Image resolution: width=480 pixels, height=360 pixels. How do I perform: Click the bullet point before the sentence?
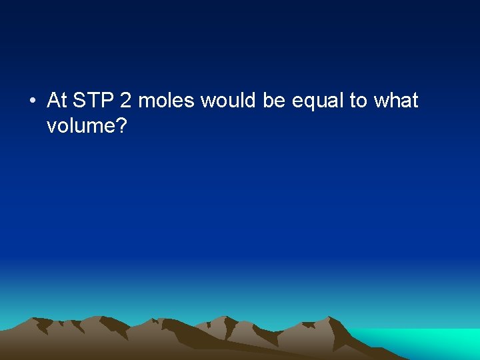(x=32, y=101)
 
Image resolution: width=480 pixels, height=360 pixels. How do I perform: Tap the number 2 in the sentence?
(x=126, y=101)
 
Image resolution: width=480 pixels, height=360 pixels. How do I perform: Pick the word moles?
(x=166, y=101)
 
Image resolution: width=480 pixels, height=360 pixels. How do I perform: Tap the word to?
(x=359, y=101)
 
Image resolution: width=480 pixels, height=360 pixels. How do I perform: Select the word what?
(x=396, y=101)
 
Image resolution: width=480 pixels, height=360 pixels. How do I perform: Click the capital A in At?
(x=53, y=101)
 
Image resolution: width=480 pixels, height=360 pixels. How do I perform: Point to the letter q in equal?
(x=309, y=103)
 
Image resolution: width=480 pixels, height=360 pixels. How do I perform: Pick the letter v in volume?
(x=51, y=125)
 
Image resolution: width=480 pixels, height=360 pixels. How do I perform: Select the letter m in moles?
(x=146, y=102)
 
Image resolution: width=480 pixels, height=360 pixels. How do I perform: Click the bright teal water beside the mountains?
(x=427, y=341)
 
